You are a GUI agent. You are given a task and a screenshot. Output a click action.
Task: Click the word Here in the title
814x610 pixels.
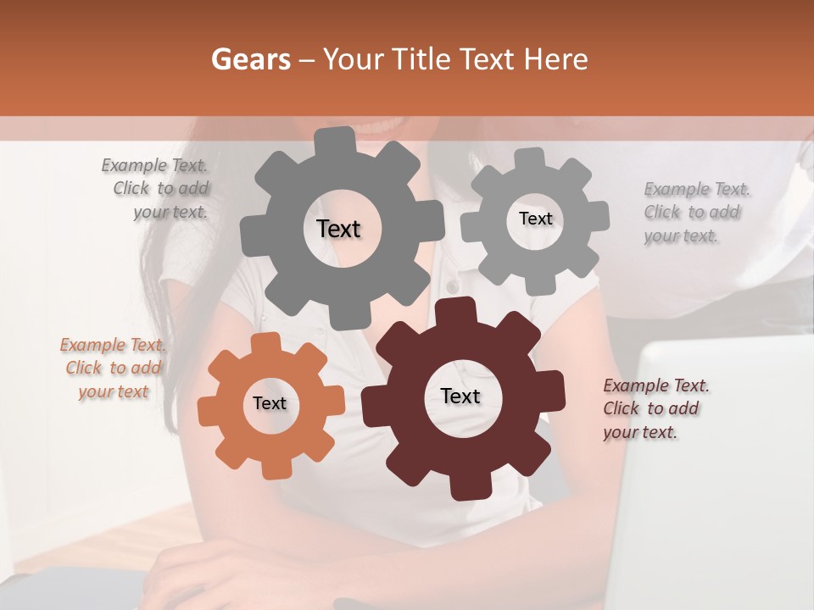[x=555, y=59]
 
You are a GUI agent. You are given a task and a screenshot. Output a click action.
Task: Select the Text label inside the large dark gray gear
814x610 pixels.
[x=338, y=229]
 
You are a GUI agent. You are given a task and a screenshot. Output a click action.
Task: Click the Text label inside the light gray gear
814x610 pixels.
[x=535, y=219]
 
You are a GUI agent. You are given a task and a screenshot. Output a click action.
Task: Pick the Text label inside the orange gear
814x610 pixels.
[x=270, y=403]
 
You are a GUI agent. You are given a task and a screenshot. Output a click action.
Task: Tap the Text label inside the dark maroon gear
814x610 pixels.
[x=460, y=396]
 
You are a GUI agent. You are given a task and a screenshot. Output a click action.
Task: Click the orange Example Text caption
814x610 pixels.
[x=114, y=368]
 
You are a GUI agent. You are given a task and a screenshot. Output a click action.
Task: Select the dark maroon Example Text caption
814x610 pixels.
[x=655, y=408]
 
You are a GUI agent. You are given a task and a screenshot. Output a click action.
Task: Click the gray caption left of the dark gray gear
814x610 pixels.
[x=158, y=188]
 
